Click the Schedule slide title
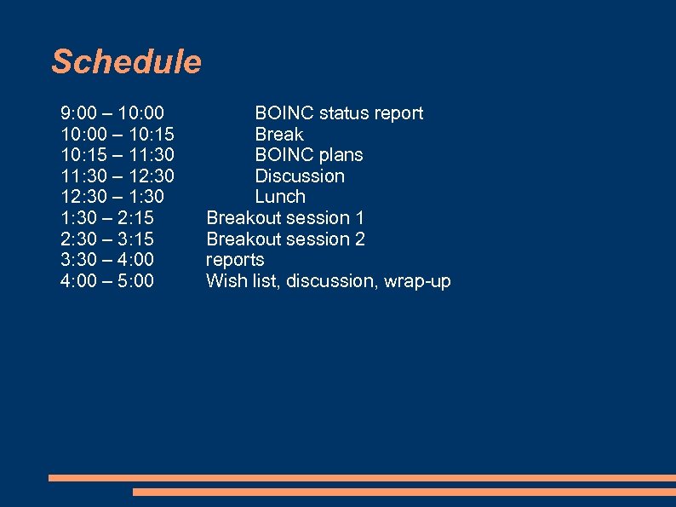pyautogui.click(x=126, y=62)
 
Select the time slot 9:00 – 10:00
pyautogui.click(x=112, y=113)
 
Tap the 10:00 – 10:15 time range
pyautogui.click(x=117, y=135)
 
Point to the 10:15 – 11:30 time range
pyautogui.click(x=117, y=155)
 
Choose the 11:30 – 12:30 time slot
pyautogui.click(x=117, y=176)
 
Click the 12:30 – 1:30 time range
pyautogui.click(x=112, y=197)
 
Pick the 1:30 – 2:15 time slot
pyautogui.click(x=107, y=218)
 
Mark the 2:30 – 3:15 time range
pyautogui.click(x=107, y=239)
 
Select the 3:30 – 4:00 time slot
pyautogui.click(x=107, y=260)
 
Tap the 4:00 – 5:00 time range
pyautogui.click(x=107, y=281)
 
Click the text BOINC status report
pyautogui.click(x=339, y=113)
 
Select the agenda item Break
pyautogui.click(x=279, y=135)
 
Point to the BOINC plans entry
pyautogui.click(x=309, y=155)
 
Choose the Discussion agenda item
pyautogui.click(x=300, y=176)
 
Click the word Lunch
pyautogui.click(x=280, y=197)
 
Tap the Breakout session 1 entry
pyautogui.click(x=285, y=218)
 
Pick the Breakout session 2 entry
pyautogui.click(x=285, y=239)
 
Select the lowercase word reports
pyautogui.click(x=235, y=260)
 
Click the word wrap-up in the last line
pyautogui.click(x=417, y=281)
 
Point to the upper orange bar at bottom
pyautogui.click(x=362, y=478)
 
